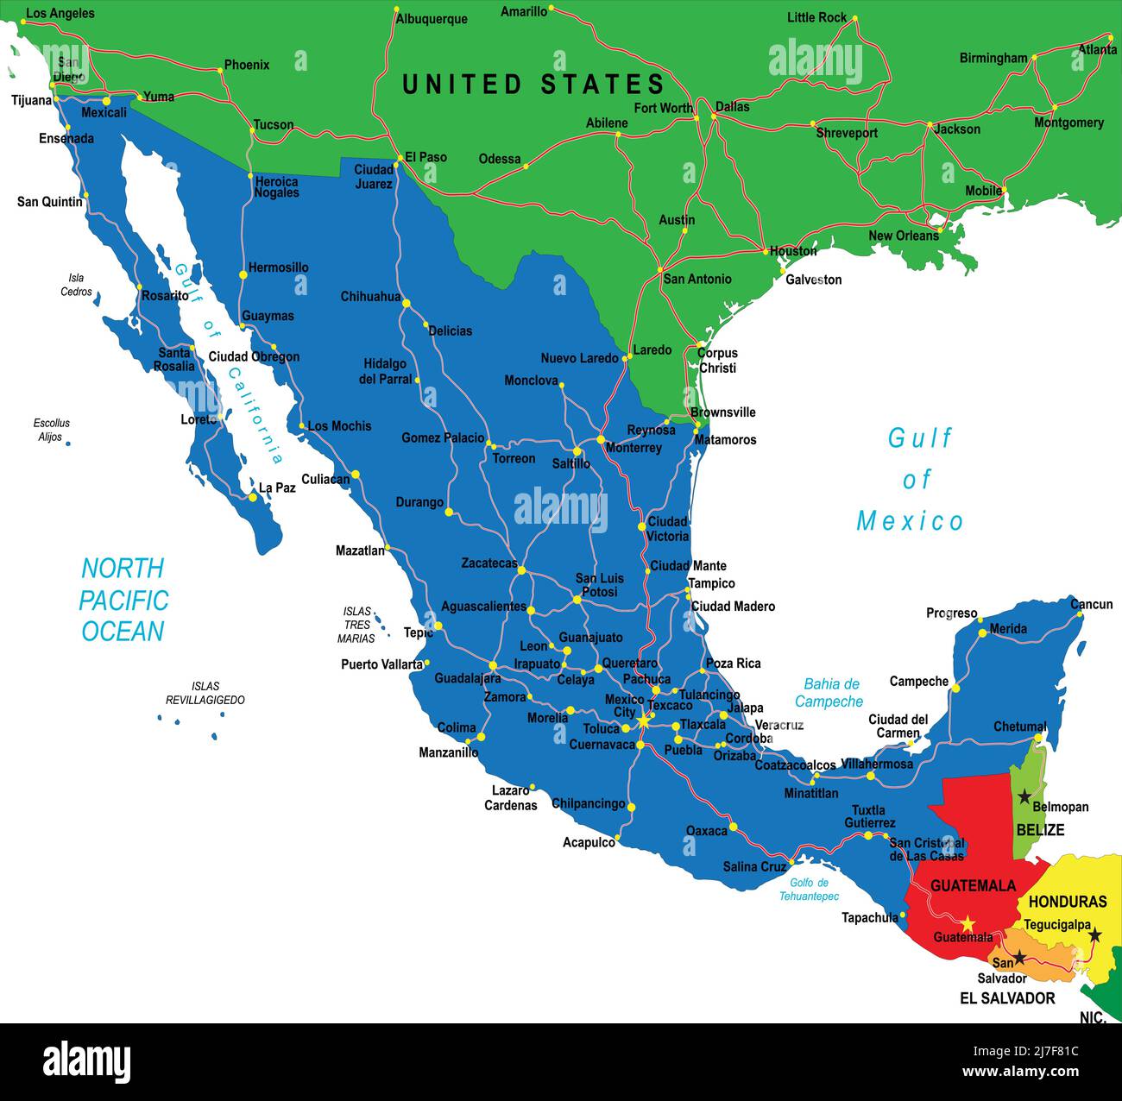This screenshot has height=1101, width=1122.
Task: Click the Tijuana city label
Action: coord(31,100)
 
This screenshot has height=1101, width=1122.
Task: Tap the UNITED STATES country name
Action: coord(533,85)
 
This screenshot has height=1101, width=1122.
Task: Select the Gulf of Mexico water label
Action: coord(911,480)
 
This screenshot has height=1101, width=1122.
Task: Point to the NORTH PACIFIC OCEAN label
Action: coord(123,600)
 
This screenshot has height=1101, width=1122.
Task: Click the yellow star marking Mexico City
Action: coord(643,719)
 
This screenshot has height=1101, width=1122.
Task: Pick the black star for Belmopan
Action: coord(1024,796)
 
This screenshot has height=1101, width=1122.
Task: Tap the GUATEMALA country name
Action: coord(973,886)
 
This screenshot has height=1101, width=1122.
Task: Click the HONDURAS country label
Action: coord(1068,902)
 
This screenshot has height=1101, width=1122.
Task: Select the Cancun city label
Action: coord(1091,604)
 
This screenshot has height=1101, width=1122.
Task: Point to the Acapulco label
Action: coord(589,842)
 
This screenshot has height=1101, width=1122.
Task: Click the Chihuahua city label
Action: coord(370,297)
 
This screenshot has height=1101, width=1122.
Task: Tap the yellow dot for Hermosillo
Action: coord(243,274)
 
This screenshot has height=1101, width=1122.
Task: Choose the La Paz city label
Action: coord(277,488)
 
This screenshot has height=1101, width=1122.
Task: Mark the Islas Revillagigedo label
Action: coord(205,694)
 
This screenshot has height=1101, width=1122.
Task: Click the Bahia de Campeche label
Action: coord(829,693)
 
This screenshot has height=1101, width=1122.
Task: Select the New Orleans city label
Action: coord(903,236)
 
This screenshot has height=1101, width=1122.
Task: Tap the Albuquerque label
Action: coord(431,19)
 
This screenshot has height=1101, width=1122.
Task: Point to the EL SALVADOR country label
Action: coord(1007,998)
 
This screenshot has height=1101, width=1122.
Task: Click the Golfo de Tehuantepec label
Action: coord(809,890)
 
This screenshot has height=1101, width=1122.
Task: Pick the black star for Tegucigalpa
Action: coord(1094,934)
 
